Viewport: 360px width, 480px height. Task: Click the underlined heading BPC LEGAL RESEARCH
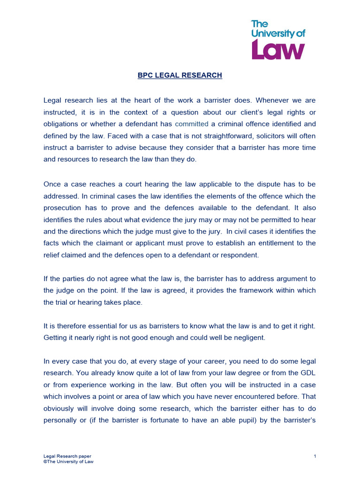(180, 75)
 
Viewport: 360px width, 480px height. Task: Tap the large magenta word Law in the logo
(278, 49)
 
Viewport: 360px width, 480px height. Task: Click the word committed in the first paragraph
(191, 124)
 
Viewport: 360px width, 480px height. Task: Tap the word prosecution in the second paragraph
(64, 207)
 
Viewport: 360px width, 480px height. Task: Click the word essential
(102, 326)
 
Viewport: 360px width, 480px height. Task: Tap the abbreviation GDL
(307, 373)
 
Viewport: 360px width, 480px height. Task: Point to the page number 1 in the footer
(315, 456)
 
